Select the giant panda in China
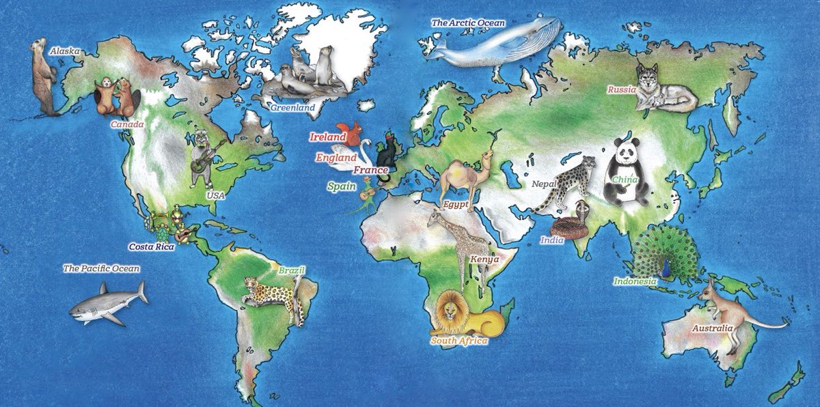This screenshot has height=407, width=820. coord(627,171)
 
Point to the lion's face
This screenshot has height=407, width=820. coord(451,312)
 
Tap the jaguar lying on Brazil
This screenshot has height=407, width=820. coord(273,293)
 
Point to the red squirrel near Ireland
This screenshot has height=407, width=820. coord(353,133)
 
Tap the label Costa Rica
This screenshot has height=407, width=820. coord(152,246)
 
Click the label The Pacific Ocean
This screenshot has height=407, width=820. coord(100,268)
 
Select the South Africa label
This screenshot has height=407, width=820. coord(459,340)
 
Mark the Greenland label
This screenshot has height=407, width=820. coord(292,107)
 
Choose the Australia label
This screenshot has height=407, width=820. coord(712,328)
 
